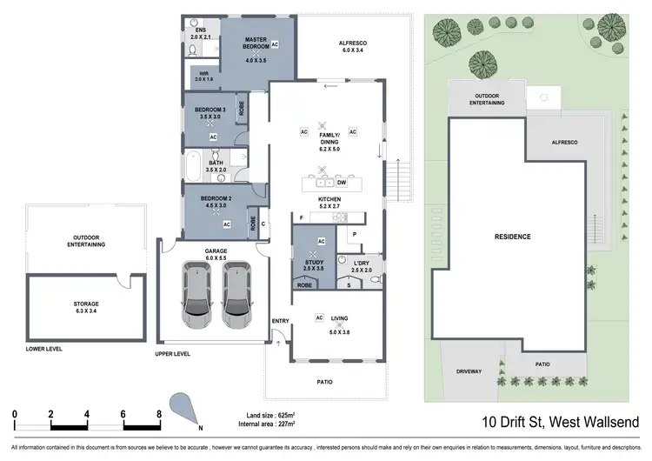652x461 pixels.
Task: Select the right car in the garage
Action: click(x=236, y=291)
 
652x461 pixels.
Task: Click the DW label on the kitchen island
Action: click(x=342, y=184)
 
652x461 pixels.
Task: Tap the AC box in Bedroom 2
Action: click(x=226, y=224)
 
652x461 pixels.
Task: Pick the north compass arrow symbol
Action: click(x=184, y=406)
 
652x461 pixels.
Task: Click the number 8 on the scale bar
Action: click(x=159, y=414)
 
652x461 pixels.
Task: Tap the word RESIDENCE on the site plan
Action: click(x=513, y=237)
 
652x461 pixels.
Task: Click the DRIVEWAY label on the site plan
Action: click(x=469, y=372)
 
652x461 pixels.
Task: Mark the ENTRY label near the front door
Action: click(x=280, y=321)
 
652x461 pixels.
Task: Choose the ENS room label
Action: click(x=200, y=29)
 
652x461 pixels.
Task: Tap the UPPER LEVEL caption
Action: click(x=172, y=355)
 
